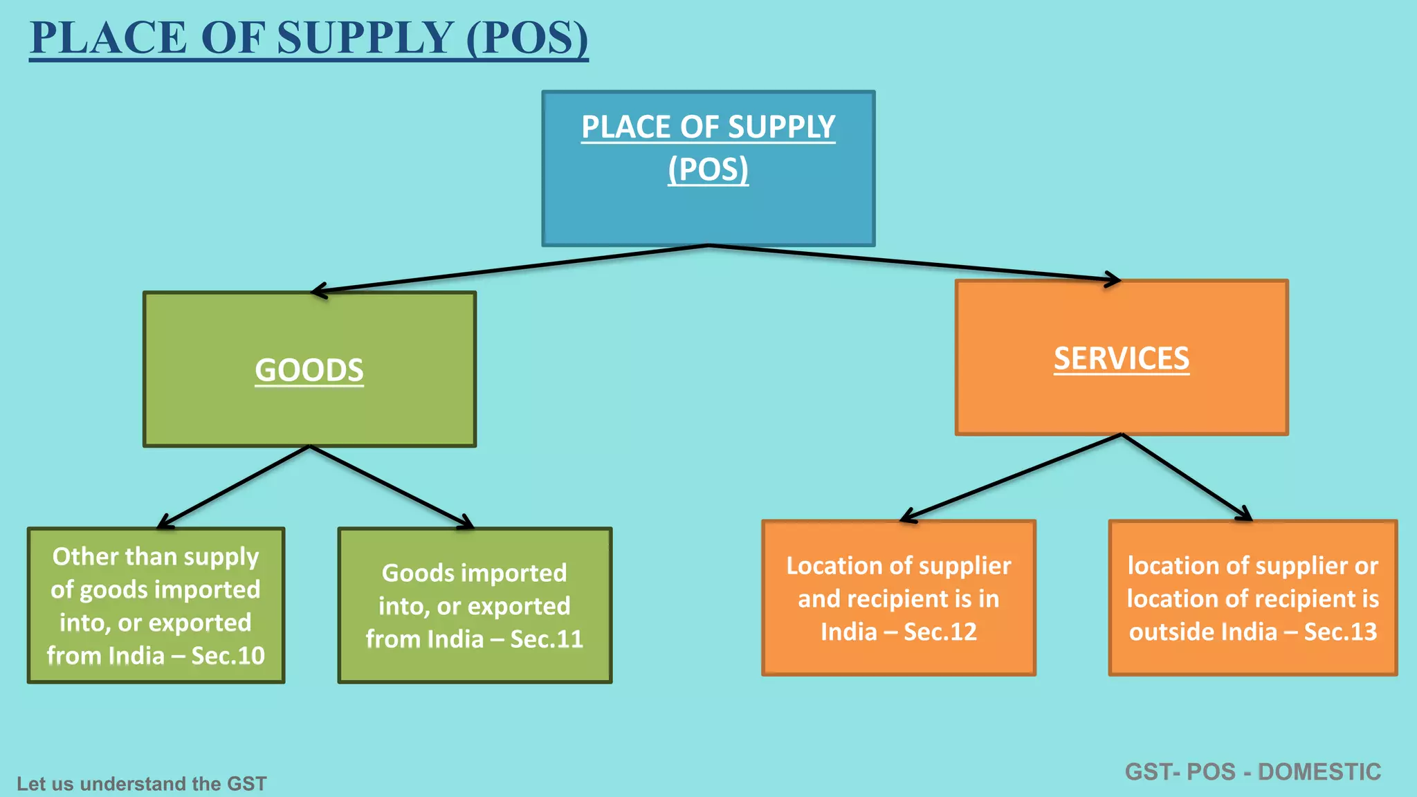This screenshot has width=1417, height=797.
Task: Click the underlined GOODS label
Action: (309, 370)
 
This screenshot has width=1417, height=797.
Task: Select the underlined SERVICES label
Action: (1121, 358)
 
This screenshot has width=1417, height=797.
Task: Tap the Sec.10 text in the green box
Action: (228, 656)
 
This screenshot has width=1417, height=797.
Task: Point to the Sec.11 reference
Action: (547, 639)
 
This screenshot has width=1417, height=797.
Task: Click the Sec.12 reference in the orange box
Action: (940, 632)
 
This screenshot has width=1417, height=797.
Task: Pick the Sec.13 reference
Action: (1340, 632)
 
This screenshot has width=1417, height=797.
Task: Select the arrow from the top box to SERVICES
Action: (913, 262)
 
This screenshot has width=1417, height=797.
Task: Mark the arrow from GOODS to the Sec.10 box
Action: (234, 486)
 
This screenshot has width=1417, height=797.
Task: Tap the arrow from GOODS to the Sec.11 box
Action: (392, 486)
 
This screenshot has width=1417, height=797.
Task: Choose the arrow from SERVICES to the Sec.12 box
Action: (1010, 477)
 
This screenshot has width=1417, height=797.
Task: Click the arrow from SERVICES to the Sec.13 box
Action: (1187, 477)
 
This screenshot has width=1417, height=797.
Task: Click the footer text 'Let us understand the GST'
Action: (141, 784)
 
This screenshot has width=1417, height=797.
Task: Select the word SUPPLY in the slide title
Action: (365, 38)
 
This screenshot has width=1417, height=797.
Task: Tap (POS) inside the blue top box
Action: (708, 170)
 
